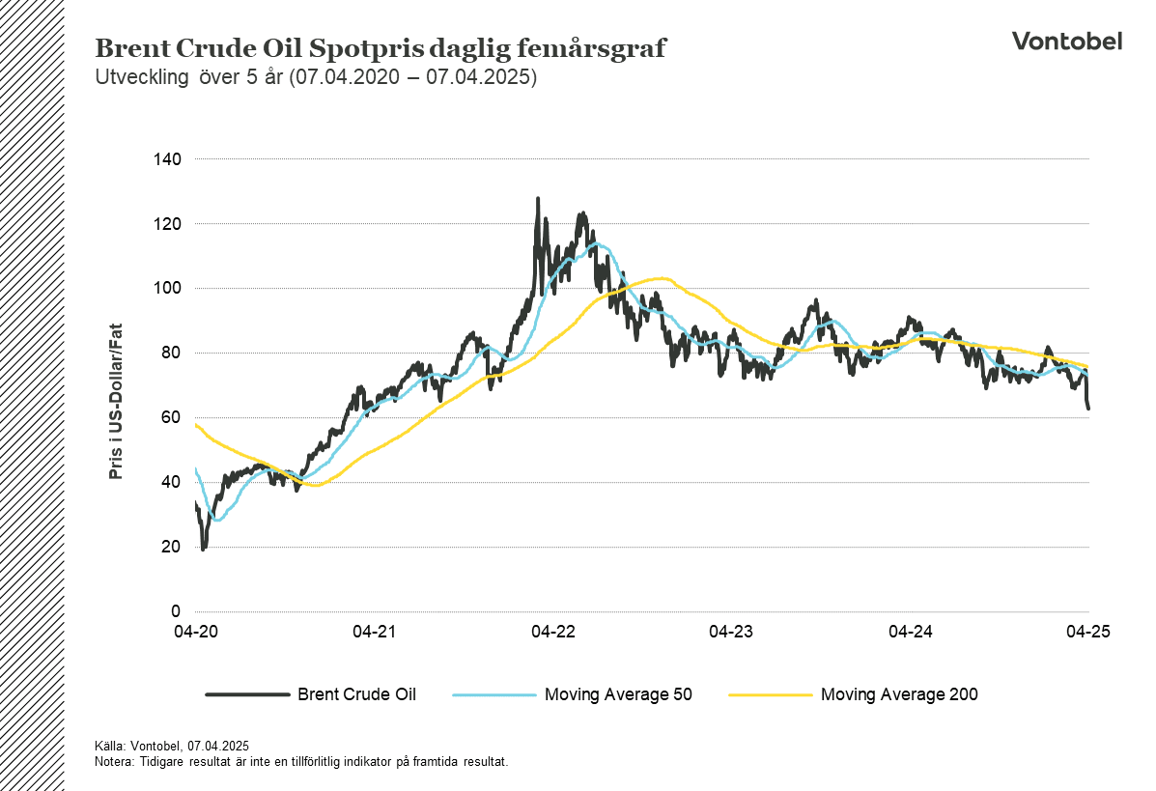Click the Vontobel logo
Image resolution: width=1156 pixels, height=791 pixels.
pyautogui.click(x=1066, y=41)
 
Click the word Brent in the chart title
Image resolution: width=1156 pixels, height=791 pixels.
pyautogui.click(x=127, y=49)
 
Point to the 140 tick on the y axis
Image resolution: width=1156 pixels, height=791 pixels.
pyautogui.click(x=169, y=158)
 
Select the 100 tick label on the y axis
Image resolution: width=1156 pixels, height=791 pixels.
pyautogui.click(x=169, y=288)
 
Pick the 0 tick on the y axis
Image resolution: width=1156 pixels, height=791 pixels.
pyautogui.click(x=177, y=611)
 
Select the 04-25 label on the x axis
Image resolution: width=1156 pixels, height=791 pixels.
pyautogui.click(x=1088, y=632)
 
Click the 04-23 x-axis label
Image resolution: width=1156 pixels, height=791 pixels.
pyautogui.click(x=731, y=632)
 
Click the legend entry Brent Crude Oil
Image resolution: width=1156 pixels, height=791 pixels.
pyautogui.click(x=356, y=693)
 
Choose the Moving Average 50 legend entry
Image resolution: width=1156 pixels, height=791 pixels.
pyautogui.click(x=618, y=693)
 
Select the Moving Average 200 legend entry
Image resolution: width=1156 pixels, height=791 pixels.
pyautogui.click(x=898, y=693)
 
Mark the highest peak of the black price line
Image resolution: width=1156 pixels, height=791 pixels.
pyautogui.click(x=537, y=199)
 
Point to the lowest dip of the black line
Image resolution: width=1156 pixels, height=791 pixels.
pyautogui.click(x=203, y=549)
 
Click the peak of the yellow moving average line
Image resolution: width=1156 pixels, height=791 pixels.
pyautogui.click(x=662, y=278)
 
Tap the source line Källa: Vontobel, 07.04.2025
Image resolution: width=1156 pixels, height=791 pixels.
pyautogui.click(x=172, y=746)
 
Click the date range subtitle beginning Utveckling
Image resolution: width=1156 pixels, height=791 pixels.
pyautogui.click(x=316, y=78)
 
